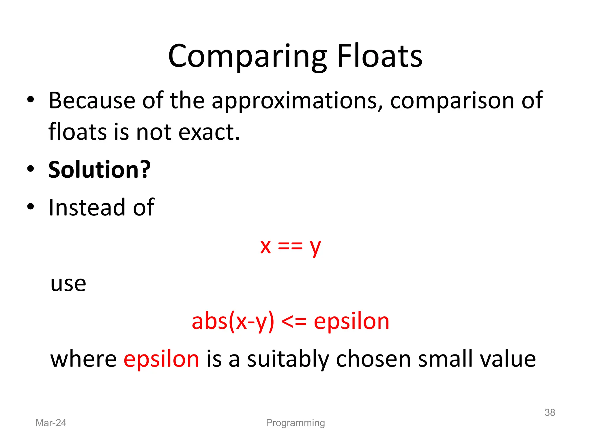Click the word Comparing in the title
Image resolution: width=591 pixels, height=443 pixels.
[x=247, y=57]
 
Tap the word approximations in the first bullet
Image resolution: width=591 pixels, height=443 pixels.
[x=295, y=101]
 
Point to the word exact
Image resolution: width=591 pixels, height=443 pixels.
[x=209, y=132]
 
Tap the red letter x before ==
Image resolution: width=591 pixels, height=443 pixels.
[x=265, y=247]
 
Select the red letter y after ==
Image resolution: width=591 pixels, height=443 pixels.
[x=315, y=248]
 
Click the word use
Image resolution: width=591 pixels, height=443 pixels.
[x=68, y=284]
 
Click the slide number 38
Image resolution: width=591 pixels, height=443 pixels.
[x=550, y=412]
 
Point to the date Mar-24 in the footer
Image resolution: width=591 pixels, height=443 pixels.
[x=51, y=423]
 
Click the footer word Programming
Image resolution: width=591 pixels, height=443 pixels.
[x=295, y=423]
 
